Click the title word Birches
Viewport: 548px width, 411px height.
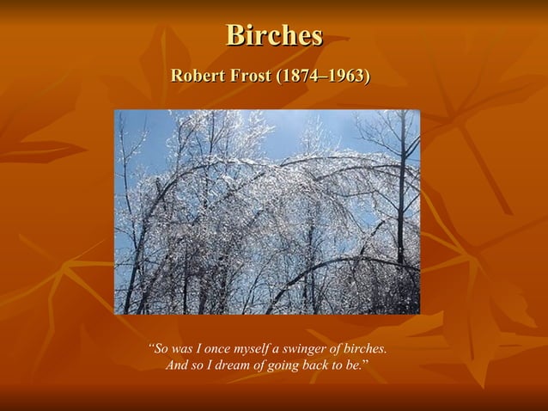click(x=274, y=35)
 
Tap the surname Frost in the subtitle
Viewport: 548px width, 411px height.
click(x=248, y=77)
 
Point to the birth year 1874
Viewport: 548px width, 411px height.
click(x=297, y=77)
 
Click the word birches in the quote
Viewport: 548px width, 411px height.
click(x=365, y=349)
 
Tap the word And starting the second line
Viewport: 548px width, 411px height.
click(x=177, y=366)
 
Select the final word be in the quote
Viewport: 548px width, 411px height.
click(x=359, y=366)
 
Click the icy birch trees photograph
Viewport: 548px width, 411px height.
click(x=267, y=212)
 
